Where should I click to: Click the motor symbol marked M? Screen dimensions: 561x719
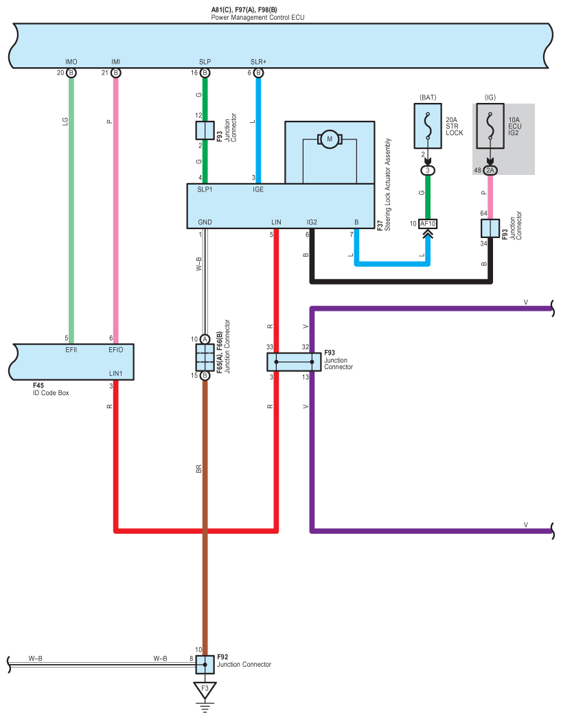click(x=329, y=139)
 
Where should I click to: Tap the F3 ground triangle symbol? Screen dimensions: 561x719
click(x=205, y=689)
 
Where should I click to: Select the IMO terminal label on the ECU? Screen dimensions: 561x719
click(x=71, y=62)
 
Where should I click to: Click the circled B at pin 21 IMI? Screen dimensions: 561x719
click(x=115, y=73)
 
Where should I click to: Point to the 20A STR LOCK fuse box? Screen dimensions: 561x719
click(x=428, y=126)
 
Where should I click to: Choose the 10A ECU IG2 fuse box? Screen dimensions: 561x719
click(x=490, y=126)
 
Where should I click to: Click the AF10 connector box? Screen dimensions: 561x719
click(x=428, y=224)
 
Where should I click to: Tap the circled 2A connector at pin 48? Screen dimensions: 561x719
click(x=490, y=170)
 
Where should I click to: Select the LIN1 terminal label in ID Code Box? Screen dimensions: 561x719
click(x=115, y=374)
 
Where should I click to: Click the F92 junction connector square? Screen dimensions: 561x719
click(x=205, y=664)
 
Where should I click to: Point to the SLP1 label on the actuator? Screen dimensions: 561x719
click(x=205, y=189)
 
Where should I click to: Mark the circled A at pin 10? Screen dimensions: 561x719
click(x=205, y=340)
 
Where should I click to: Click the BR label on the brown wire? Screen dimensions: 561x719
click(x=198, y=469)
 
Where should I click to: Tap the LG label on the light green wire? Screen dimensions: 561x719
click(x=65, y=121)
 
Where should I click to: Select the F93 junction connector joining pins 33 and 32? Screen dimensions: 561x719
click(x=294, y=362)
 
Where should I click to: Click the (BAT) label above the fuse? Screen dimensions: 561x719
click(x=428, y=97)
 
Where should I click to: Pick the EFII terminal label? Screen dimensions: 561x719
click(x=71, y=350)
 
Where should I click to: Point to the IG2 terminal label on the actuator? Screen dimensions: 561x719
click(x=312, y=222)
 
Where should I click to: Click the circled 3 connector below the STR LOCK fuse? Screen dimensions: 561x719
click(x=428, y=170)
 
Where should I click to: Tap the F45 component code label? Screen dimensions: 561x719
click(x=38, y=386)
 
